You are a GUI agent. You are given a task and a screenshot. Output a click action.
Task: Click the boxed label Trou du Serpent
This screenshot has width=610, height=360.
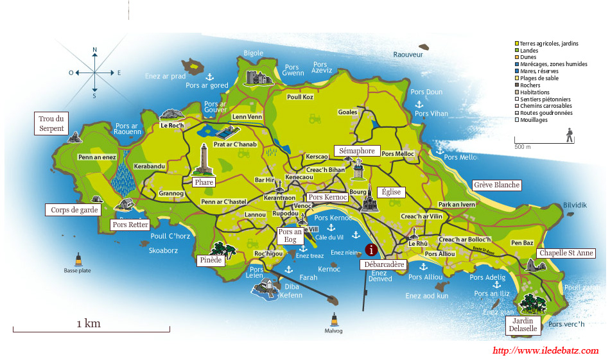[51, 123]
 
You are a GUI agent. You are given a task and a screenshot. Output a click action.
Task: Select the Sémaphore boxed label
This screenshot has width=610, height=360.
[356, 151]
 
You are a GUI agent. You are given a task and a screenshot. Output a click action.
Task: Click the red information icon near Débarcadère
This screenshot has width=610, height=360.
[370, 250]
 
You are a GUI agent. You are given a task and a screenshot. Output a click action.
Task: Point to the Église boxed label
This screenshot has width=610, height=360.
[391, 192]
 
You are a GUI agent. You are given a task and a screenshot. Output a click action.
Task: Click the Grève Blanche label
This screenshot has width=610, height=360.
[496, 185]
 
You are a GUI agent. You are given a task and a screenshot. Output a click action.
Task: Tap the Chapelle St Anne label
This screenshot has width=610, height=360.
[566, 253]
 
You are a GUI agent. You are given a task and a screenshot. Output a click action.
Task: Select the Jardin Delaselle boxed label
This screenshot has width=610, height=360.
[522, 324]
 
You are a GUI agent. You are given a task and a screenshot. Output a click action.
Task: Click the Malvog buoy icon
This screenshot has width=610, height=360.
[333, 319]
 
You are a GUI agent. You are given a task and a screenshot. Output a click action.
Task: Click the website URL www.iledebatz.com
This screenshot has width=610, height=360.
[545, 350]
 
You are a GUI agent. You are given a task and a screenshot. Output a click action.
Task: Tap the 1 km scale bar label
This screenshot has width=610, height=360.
[89, 323]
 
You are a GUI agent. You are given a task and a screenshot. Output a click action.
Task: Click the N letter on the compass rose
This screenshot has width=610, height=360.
[94, 49]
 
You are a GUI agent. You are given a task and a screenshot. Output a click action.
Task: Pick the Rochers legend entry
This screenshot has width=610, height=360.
[530, 85]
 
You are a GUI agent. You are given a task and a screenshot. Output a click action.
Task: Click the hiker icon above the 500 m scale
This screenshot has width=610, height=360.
[569, 135]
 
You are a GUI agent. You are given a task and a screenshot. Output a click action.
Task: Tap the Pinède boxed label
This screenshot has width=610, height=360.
[211, 260]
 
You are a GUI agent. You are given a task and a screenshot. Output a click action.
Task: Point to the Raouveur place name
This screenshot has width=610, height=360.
[408, 55]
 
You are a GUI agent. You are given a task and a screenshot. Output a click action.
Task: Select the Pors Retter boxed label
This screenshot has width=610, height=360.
[130, 225]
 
